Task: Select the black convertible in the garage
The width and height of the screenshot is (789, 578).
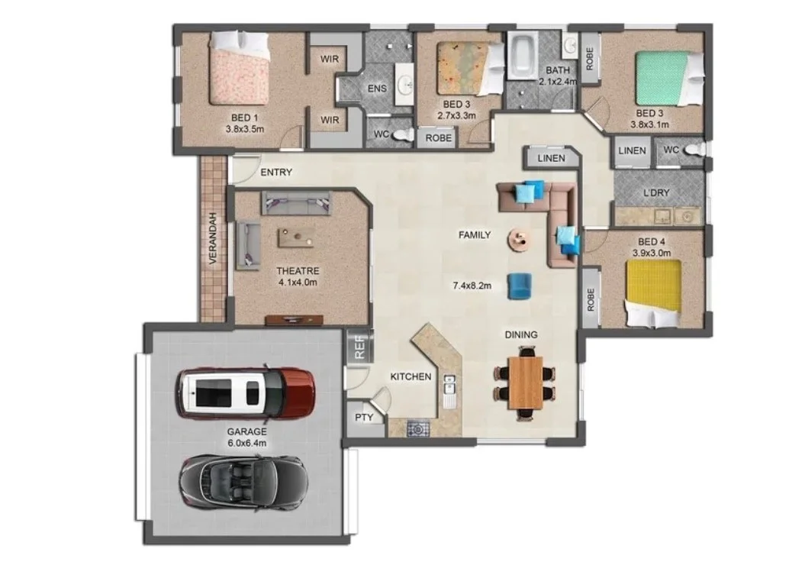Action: pyautogui.click(x=243, y=483)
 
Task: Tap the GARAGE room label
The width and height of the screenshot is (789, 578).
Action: pyautogui.click(x=246, y=431)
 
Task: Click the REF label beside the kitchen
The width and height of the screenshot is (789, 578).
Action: pyautogui.click(x=359, y=347)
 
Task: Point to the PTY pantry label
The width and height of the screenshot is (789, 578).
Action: pyautogui.click(x=364, y=418)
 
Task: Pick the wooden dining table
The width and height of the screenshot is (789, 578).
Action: pyautogui.click(x=525, y=383)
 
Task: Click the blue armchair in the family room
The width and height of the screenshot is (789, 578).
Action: pyautogui.click(x=520, y=286)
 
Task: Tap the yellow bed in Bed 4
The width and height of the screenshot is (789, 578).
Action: pyautogui.click(x=654, y=293)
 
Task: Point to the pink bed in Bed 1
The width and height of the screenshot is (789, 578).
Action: pyautogui.click(x=240, y=67)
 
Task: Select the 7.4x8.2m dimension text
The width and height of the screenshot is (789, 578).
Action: pyautogui.click(x=472, y=286)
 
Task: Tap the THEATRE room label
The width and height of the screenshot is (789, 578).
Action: pyautogui.click(x=298, y=271)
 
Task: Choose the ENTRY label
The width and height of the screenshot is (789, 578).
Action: pyautogui.click(x=276, y=173)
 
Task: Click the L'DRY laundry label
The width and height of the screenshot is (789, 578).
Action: pyautogui.click(x=657, y=192)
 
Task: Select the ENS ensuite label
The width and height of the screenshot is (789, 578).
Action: pyautogui.click(x=377, y=89)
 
